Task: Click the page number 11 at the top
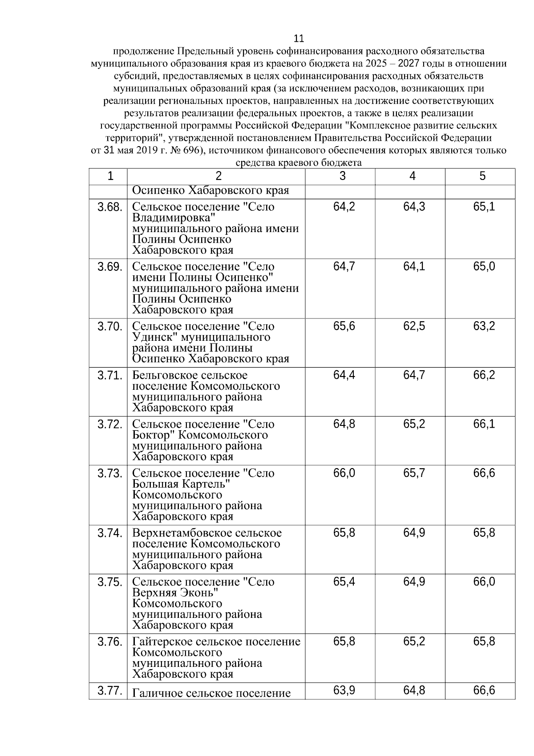(299, 38)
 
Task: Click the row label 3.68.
(109, 207)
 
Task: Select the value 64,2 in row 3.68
(344, 207)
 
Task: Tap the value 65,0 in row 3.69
(484, 267)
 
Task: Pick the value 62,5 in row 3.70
(414, 327)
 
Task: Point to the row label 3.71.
(109, 376)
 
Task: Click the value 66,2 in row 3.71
(484, 376)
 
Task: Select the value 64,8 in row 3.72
(344, 425)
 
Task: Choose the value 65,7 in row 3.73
(414, 474)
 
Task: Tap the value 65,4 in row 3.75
(344, 582)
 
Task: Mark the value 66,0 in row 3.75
(484, 582)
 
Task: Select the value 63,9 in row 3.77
(344, 691)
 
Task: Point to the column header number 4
(413, 176)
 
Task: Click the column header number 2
(218, 176)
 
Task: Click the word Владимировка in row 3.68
(174, 218)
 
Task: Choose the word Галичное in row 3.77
(157, 693)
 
